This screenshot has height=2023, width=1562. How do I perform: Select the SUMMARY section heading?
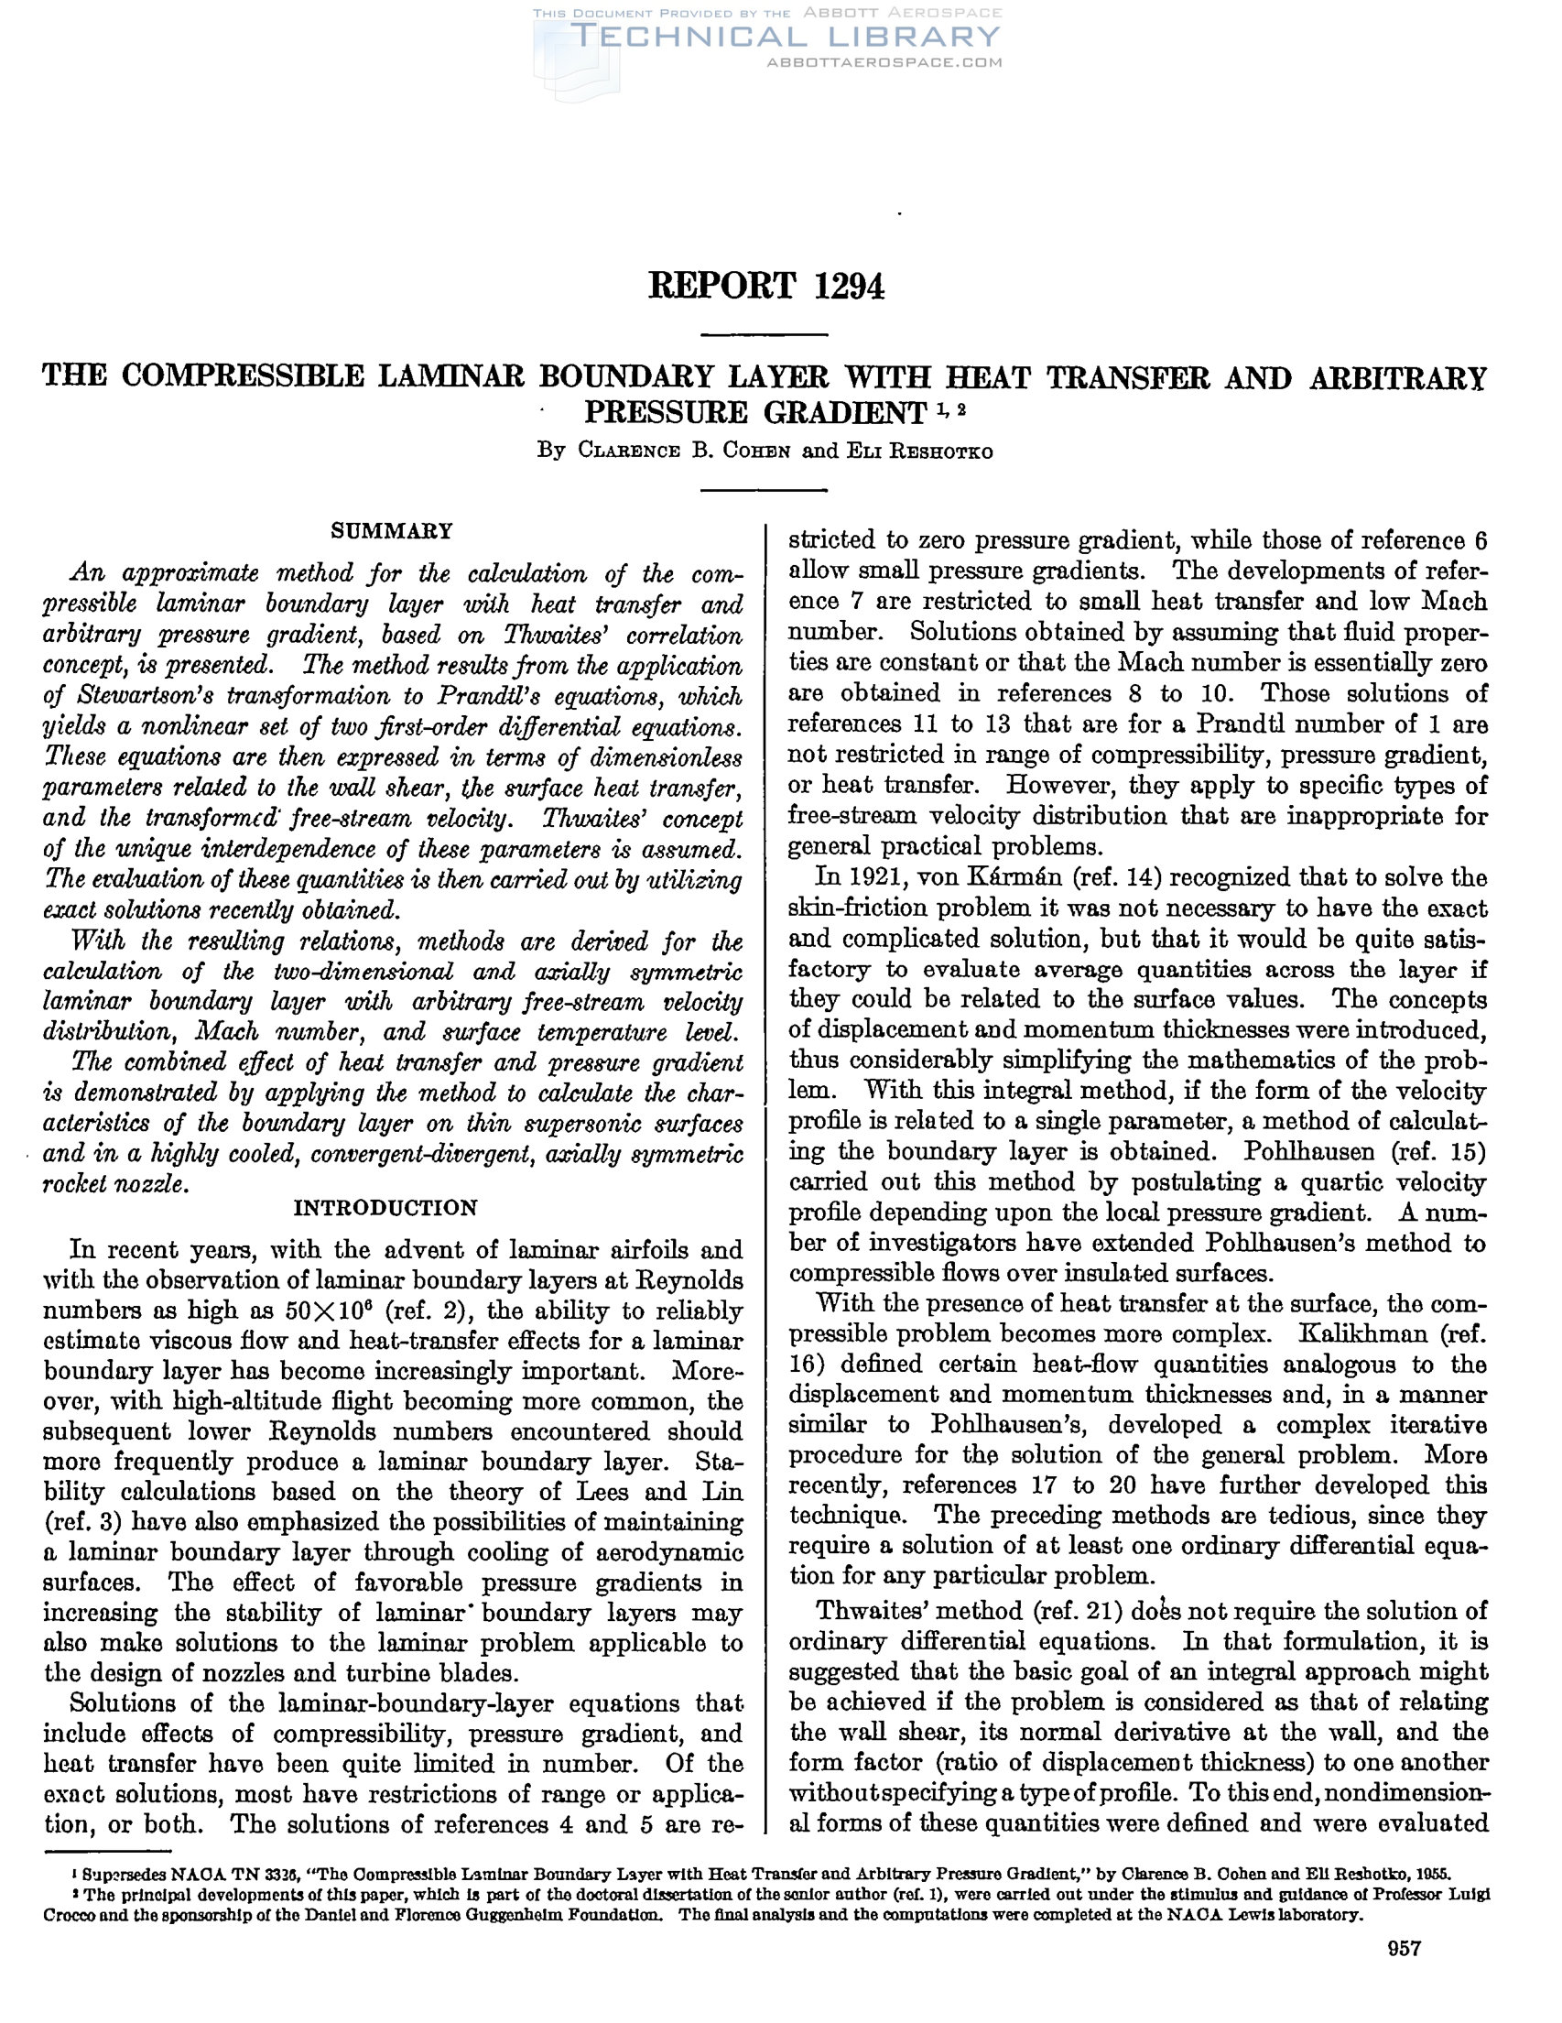coord(393,531)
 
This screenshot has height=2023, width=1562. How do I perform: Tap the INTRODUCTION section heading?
coord(385,1208)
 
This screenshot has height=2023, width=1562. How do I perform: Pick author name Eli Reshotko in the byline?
coord(917,452)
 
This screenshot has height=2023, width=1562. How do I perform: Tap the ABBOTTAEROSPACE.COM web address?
coord(884,62)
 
